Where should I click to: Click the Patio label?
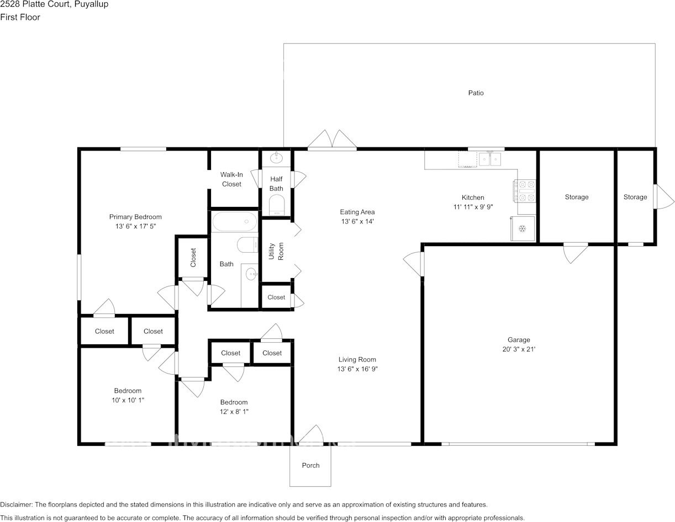(476, 93)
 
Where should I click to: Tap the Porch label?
(310, 465)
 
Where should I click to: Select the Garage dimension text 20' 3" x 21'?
(519, 349)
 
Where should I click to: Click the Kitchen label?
(473, 197)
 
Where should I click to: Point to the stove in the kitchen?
(524, 191)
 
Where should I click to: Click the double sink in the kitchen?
(489, 159)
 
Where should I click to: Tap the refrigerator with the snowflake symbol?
(523, 229)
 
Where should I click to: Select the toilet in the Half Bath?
(276, 205)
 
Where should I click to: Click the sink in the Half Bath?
(276, 158)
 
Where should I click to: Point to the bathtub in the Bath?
(235, 221)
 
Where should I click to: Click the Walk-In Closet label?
(231, 179)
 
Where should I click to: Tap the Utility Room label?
(276, 251)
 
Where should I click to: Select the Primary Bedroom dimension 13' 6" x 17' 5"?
(135, 226)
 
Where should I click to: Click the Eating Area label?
(357, 212)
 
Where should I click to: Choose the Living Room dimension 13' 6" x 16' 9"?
(357, 369)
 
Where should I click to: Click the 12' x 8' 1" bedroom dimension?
(234, 412)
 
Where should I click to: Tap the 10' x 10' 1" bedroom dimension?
(128, 400)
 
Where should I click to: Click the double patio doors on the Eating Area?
(332, 140)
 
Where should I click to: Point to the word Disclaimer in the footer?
(16, 505)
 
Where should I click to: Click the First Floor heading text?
(20, 17)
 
